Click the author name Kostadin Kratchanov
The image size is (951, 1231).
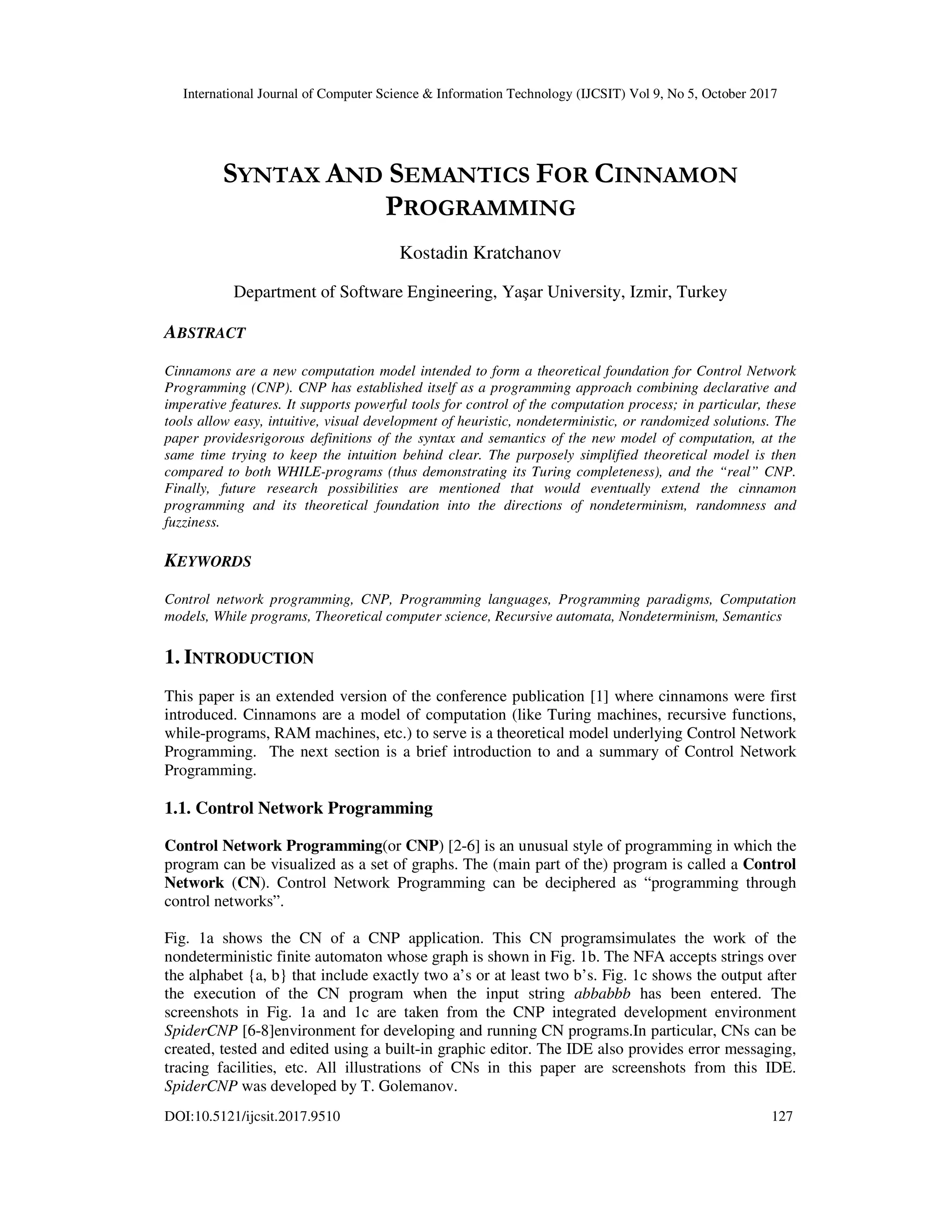point(480,253)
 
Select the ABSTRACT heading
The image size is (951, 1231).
point(204,333)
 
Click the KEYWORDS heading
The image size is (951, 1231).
point(207,562)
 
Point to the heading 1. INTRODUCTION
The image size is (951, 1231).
point(239,657)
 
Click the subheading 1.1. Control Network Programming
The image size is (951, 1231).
point(299,808)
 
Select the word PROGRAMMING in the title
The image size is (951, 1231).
point(480,208)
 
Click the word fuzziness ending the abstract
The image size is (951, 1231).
point(191,522)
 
